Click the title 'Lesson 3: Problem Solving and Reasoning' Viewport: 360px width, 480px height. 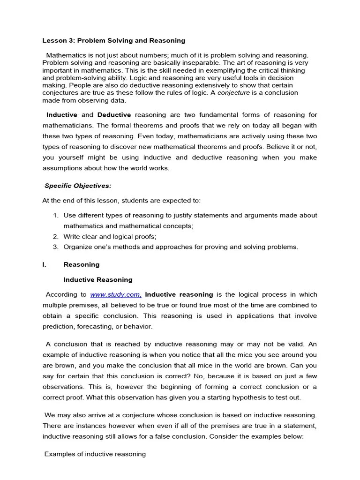pyautogui.click(x=114, y=41)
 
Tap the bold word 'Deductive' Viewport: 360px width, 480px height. pyautogui.click(x=114, y=115)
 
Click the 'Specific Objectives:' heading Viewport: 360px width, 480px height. pyautogui.click(x=78, y=186)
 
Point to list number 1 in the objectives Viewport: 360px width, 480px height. pyautogui.click(x=55, y=215)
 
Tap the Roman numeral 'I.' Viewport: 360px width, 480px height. pyautogui.click(x=45, y=264)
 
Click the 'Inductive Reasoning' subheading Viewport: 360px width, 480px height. pyautogui.click(x=98, y=280)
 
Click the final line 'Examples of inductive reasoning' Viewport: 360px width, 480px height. pyautogui.click(x=95, y=454)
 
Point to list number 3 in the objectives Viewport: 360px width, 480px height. pyautogui.click(x=55, y=247)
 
